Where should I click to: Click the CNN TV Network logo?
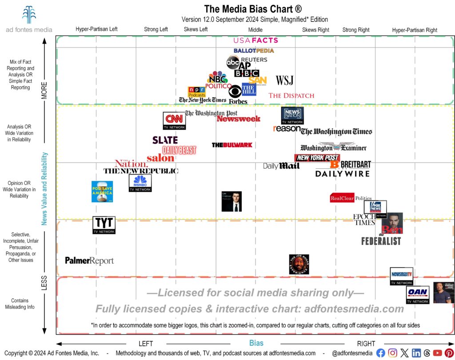tap(175, 121)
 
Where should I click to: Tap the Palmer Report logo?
tap(89, 261)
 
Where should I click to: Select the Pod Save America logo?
tap(102, 192)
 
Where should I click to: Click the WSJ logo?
tap(284, 80)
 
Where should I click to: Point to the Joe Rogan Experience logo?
tap(299, 264)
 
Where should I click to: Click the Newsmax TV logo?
tap(401, 276)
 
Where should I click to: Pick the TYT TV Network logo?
tap(104, 225)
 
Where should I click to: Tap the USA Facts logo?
tap(255, 40)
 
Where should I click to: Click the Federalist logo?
tap(381, 241)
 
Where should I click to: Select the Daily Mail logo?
tap(281, 166)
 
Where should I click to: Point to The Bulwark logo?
tap(232, 145)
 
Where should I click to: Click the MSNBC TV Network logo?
tap(140, 183)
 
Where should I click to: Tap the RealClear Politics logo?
tap(351, 198)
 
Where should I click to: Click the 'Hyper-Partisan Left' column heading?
tap(96, 30)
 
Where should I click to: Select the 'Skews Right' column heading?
tap(315, 30)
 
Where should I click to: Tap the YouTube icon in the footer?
tap(438, 353)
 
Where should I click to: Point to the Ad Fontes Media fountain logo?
tap(29, 15)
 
